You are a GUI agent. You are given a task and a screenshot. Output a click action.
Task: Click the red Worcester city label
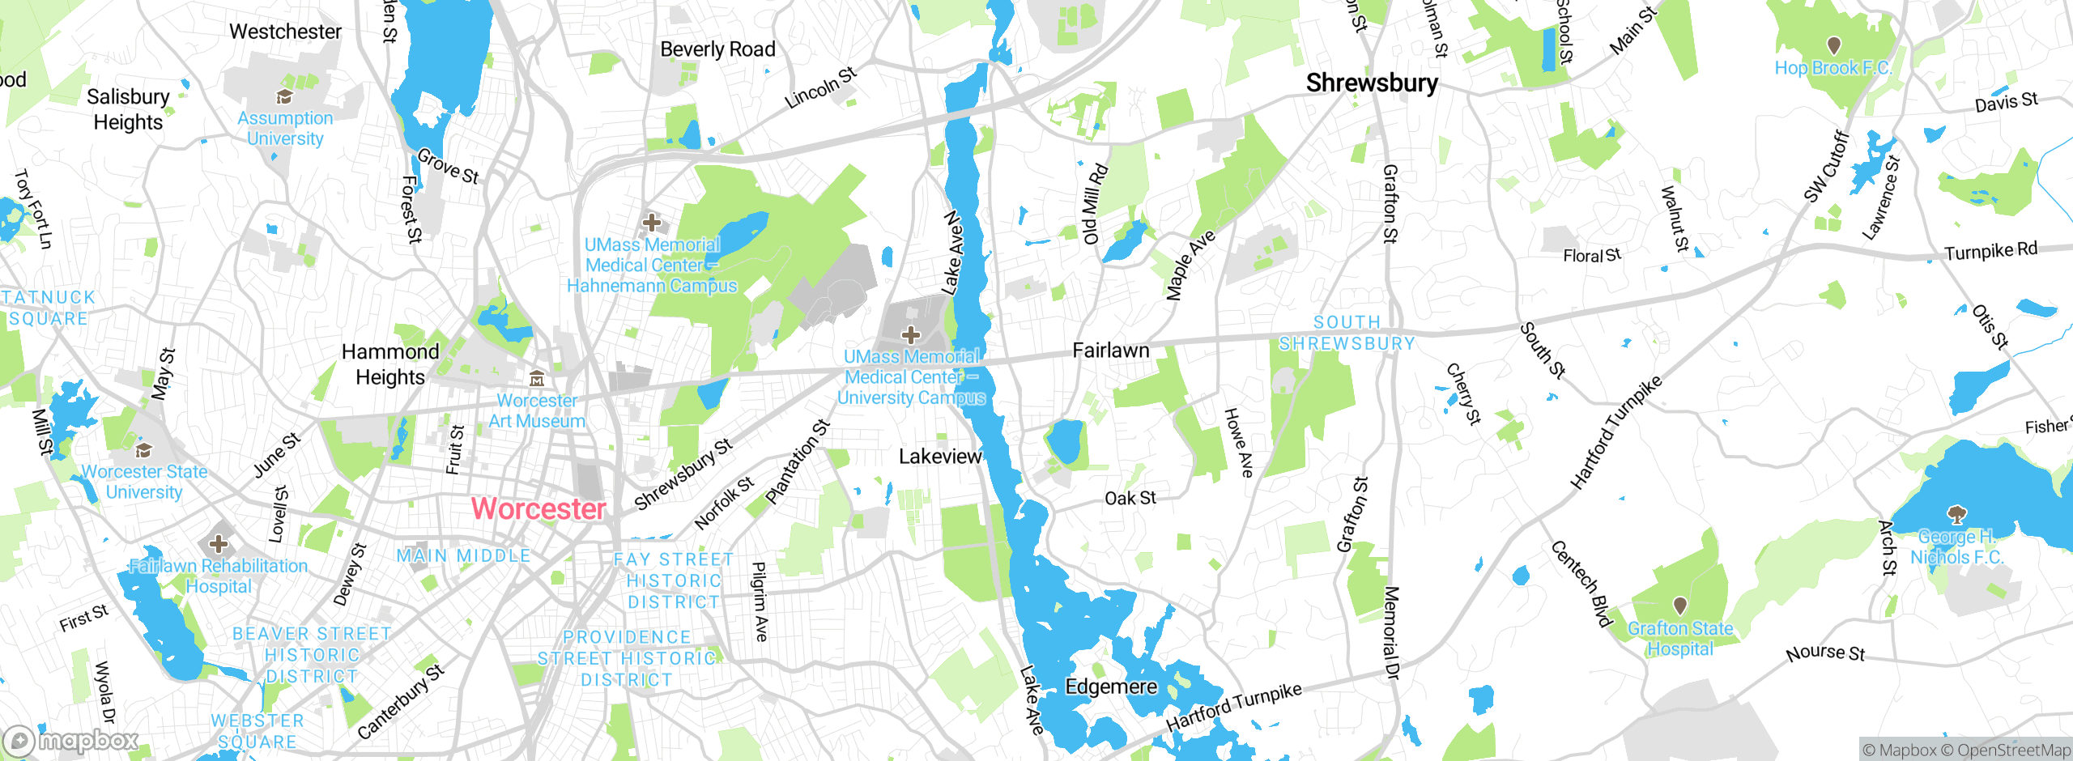point(538,509)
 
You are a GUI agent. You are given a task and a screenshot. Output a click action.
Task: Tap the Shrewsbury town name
point(1372,83)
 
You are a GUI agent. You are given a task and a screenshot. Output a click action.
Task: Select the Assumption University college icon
point(284,98)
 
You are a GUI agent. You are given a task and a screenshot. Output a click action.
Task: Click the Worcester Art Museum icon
point(536,379)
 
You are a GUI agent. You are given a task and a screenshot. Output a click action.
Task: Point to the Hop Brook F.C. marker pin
point(1834,45)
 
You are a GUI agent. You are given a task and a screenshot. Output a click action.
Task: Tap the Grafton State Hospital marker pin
point(1680,606)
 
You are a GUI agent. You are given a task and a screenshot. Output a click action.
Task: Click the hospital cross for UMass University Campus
point(911,334)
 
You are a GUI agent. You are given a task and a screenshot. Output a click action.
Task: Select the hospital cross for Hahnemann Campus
point(652,222)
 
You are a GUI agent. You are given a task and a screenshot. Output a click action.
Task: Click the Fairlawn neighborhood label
point(1111,351)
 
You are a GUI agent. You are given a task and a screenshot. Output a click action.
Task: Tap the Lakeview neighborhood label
point(940,457)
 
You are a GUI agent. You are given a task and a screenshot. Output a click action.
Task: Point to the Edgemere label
point(1111,687)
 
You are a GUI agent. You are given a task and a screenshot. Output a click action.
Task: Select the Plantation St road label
point(798,461)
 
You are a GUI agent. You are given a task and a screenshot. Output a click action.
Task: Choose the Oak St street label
point(1130,498)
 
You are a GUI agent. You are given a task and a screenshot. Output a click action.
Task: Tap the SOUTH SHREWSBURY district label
point(1347,333)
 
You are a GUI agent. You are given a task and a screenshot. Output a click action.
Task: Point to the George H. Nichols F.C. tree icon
point(1957,514)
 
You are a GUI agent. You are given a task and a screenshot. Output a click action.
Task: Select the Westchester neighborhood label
point(285,32)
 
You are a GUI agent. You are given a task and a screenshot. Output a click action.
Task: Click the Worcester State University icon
point(144,450)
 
